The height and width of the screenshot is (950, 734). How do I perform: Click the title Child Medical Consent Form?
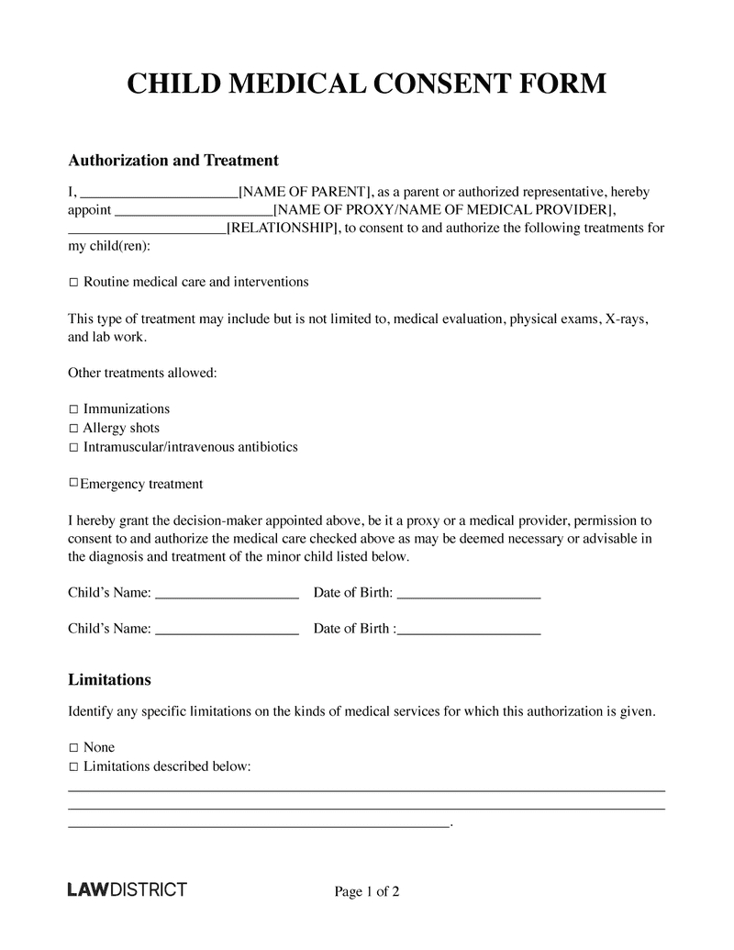366,84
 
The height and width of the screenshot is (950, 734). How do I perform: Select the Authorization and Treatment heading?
173,161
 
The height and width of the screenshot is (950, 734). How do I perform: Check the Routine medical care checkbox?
74,283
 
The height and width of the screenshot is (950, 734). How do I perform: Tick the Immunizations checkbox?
74,409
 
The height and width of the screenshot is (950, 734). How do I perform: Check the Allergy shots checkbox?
74,429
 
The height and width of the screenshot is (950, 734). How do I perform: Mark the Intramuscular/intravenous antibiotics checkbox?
74,448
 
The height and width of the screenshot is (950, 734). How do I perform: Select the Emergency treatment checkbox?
73,483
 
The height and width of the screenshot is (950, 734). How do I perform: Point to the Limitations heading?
110,680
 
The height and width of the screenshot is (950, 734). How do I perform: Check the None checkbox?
74,748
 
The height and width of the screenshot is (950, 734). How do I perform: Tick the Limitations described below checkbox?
74,767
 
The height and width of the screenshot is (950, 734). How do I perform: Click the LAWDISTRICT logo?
128,889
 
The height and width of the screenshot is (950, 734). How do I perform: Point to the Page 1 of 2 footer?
367,891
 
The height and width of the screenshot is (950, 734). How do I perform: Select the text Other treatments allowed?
142,374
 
